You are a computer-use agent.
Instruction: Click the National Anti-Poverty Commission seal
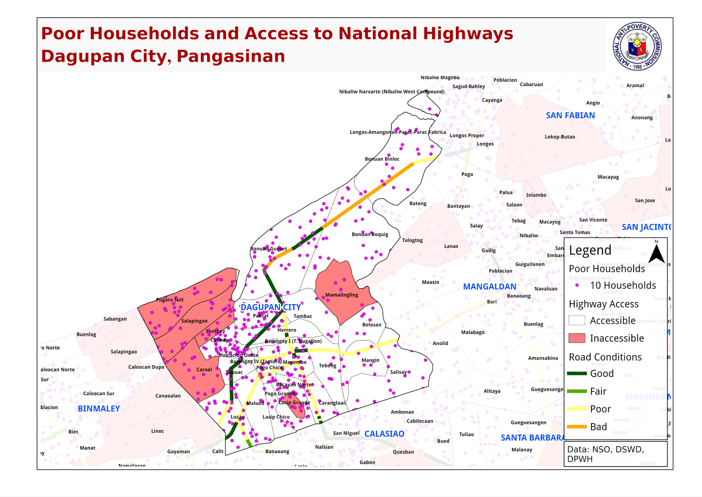pos(637,46)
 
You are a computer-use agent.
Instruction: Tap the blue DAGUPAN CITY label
pos(270,307)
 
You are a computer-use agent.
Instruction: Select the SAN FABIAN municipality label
pos(570,116)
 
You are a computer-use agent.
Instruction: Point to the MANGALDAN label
pos(490,287)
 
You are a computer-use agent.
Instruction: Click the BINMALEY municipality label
pos(99,409)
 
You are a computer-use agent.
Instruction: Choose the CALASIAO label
pos(384,434)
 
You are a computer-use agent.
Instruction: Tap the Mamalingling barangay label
pos(342,295)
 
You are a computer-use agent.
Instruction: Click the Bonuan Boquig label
pos(370,234)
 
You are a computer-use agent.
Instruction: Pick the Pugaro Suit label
pos(170,300)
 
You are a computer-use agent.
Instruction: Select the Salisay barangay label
pos(398,372)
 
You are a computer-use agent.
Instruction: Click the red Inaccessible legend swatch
pos(577,338)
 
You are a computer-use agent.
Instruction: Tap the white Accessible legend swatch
pos(577,320)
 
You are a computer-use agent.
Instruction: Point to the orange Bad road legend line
pos(577,427)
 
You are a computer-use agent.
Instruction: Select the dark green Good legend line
pos(577,374)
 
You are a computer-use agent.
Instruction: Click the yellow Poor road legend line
pos(577,409)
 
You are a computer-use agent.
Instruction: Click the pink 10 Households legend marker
pos(577,285)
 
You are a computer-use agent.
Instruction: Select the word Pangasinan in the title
pos(231,56)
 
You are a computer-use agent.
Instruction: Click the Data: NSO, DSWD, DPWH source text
pos(605,454)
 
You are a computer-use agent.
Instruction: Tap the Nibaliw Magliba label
pos(440,77)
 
